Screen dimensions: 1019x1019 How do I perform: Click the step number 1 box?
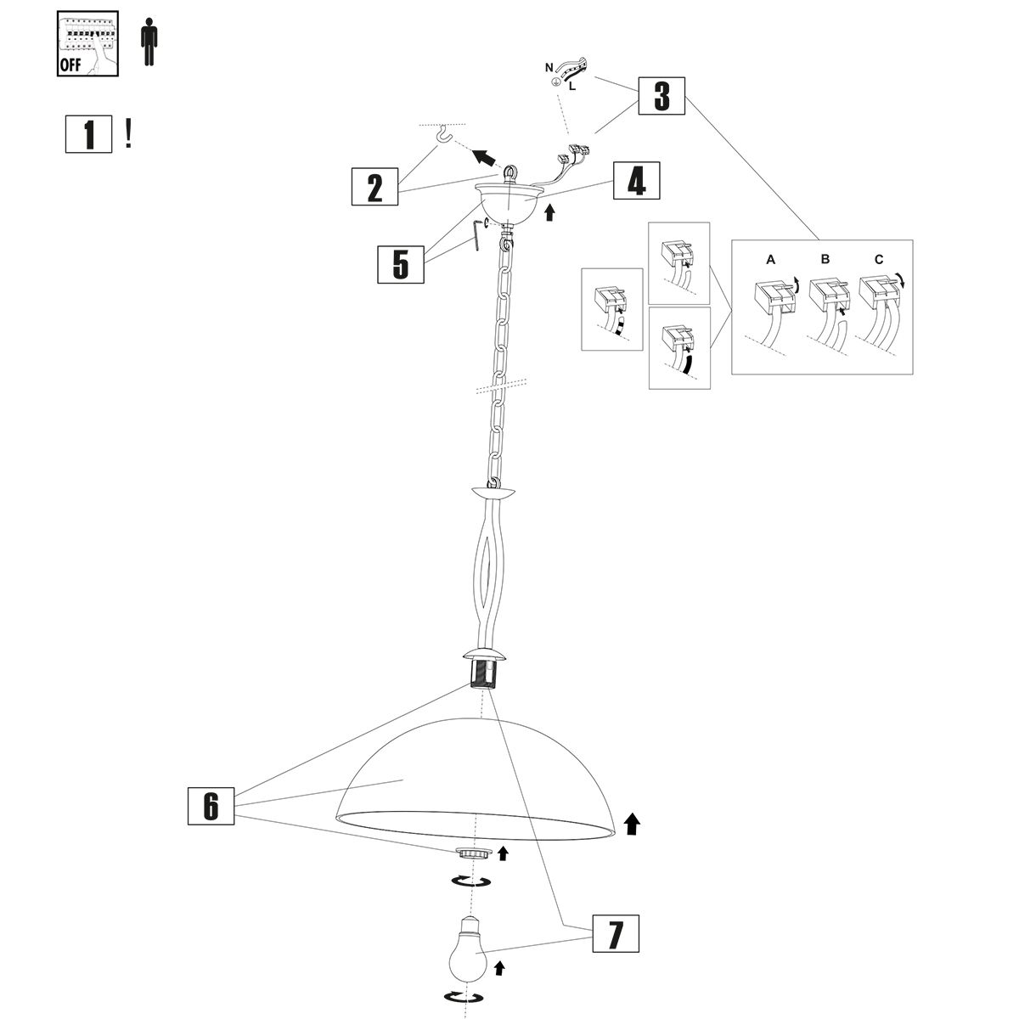(88, 134)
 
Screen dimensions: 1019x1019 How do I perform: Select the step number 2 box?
(375, 186)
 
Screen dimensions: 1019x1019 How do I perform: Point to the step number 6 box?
(211, 804)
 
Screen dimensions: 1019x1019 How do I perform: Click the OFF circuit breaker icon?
(87, 45)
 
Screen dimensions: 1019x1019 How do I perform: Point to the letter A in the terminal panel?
(770, 261)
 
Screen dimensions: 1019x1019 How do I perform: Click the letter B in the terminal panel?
(825, 261)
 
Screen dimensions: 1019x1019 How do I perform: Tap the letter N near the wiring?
(548, 66)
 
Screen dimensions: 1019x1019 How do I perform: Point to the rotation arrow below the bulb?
(464, 997)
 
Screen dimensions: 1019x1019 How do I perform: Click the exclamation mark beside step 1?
(128, 133)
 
